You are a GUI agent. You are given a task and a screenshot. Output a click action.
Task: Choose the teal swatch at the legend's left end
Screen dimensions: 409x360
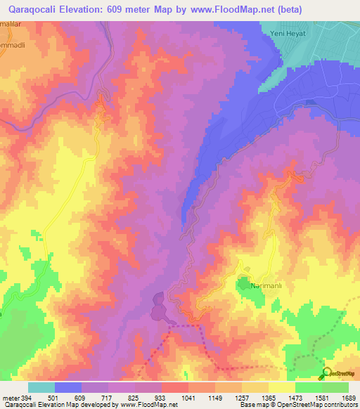coord(41,387)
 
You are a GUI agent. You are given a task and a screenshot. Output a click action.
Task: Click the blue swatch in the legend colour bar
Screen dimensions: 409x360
coord(68,387)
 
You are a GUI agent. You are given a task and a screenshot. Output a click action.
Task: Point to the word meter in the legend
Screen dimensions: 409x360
coord(9,397)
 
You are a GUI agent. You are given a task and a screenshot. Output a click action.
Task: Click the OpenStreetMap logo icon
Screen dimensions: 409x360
coord(326,373)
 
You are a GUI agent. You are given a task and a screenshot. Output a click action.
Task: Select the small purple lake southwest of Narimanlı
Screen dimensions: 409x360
coord(158,307)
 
